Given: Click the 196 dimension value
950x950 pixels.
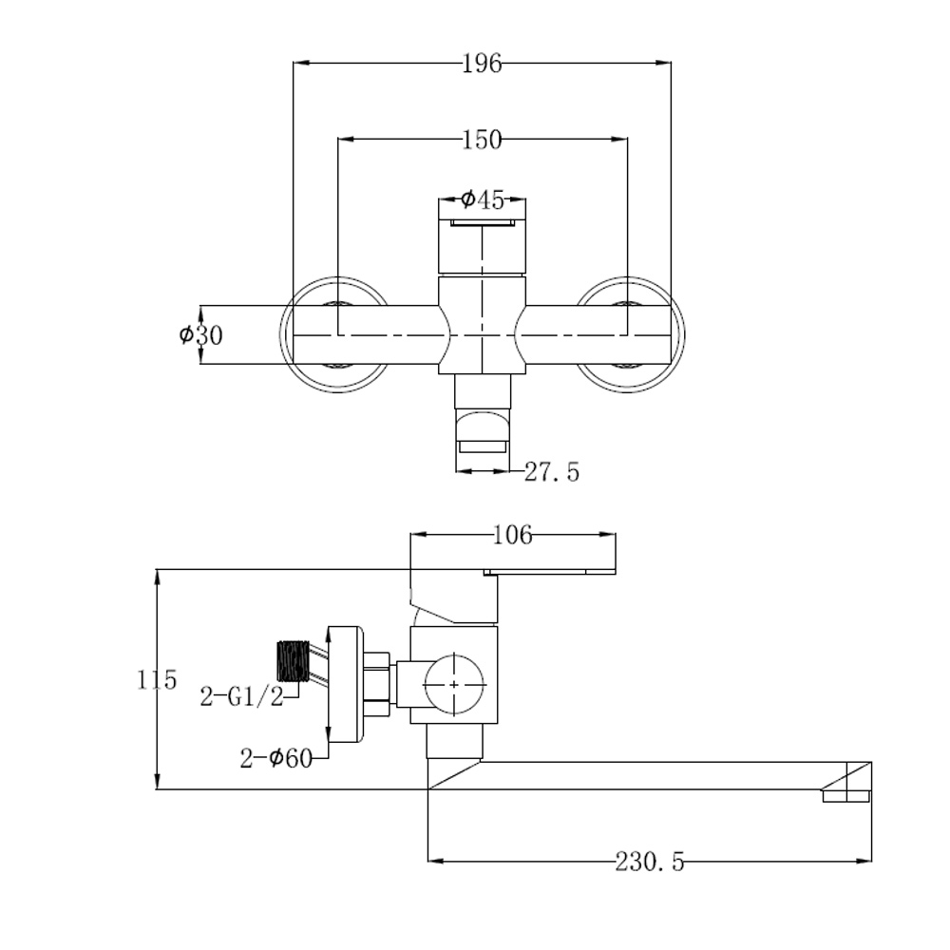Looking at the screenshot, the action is coord(483,63).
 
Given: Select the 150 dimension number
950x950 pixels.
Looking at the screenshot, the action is coord(483,140).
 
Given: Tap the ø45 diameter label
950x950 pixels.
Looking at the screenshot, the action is coord(483,199).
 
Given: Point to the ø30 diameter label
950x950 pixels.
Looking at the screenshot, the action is coord(201,334).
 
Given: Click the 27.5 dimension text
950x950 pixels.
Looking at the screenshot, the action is coord(551,472).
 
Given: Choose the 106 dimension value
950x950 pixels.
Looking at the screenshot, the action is coord(513,535).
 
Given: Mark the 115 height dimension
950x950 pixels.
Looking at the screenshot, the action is coord(157,680).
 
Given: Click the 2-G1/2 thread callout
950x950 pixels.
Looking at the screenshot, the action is coord(241,697).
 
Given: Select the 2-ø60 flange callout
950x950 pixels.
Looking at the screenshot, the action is coord(276,757).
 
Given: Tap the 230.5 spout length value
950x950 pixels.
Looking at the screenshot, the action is coord(650,861).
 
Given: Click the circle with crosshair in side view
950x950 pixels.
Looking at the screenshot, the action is coord(454,684).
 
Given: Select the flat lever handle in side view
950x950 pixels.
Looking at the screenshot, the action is coord(549,571).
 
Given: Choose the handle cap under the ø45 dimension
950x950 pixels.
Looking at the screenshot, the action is coord(483,236).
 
